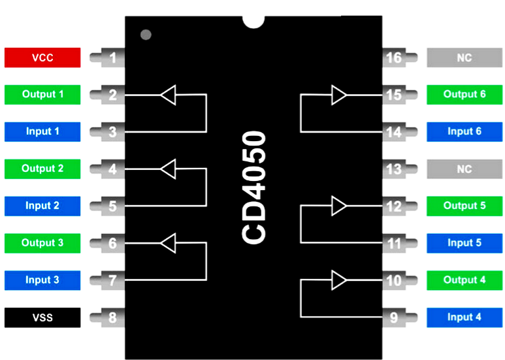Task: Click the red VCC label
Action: coord(42,57)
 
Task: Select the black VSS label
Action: coord(42,318)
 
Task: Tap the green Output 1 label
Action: coord(42,95)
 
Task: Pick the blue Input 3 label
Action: coord(42,280)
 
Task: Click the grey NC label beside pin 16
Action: coord(464,57)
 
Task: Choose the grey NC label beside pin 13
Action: coord(464,169)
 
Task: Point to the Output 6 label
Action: coord(464,95)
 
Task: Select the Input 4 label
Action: coord(464,318)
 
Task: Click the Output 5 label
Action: coord(464,206)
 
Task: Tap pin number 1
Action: coord(112,58)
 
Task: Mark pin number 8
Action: coord(112,318)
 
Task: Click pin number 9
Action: coord(394,318)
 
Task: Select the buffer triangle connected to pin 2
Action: coord(169,95)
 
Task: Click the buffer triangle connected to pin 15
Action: coord(339,95)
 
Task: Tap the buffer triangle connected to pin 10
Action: coord(339,280)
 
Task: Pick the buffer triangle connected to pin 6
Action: coord(169,244)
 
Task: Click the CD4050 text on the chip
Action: coord(254,188)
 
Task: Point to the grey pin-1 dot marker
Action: coord(146,34)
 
